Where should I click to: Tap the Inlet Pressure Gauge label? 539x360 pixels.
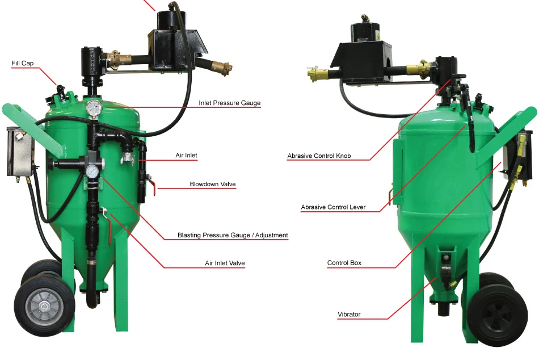point(229,103)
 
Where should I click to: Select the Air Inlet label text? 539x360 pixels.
point(186,155)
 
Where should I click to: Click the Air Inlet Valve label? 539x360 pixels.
point(225,263)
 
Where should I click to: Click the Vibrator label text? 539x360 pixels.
point(349,314)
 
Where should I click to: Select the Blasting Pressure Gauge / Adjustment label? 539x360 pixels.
point(233,235)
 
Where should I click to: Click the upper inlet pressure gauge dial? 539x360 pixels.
point(94,108)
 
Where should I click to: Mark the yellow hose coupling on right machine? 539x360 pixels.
point(317,74)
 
